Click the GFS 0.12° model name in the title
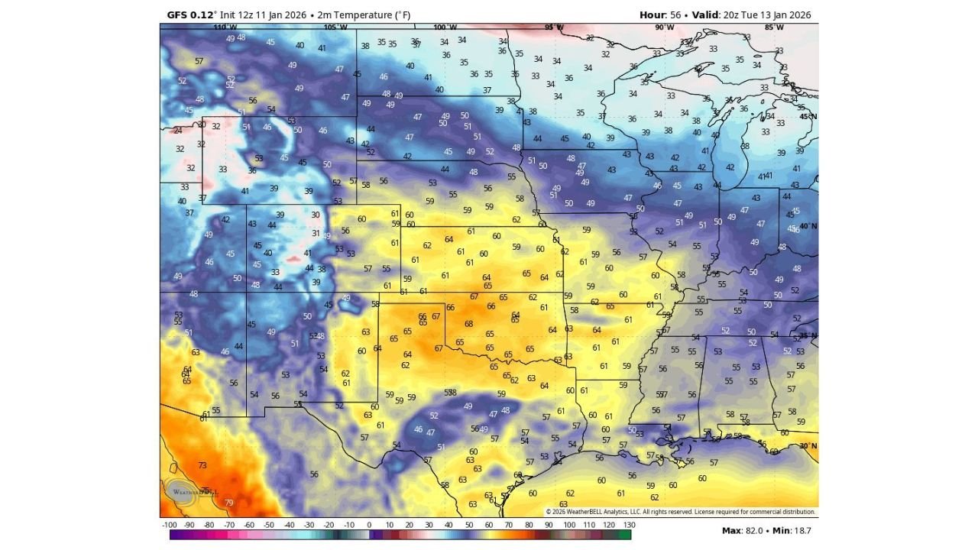[192, 15]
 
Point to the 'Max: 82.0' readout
[743, 530]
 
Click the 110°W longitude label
[225, 27]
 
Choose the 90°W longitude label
[665, 27]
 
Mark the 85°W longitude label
[774, 27]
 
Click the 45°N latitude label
[808, 116]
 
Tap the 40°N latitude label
[808, 226]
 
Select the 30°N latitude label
[808, 446]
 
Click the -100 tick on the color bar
[170, 526]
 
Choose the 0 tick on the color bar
[369, 526]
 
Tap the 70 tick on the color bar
[509, 526]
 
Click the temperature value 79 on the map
[228, 503]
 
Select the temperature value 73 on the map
[202, 465]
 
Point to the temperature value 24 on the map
[178, 131]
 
